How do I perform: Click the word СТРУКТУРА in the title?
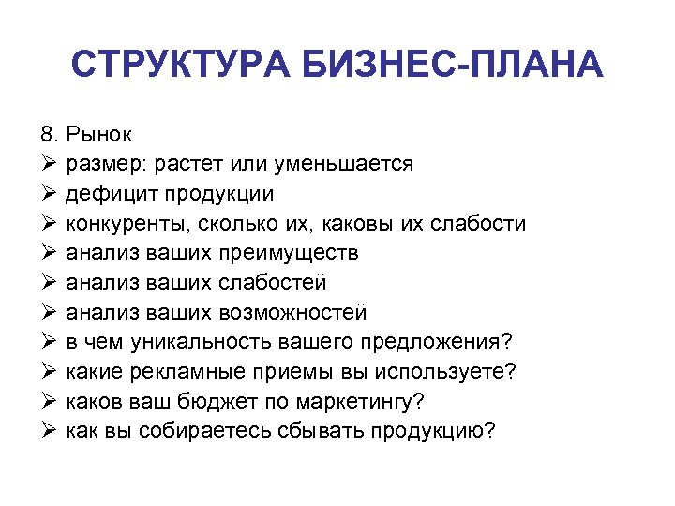pyautogui.click(x=179, y=67)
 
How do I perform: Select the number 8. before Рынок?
pyautogui.click(x=50, y=135)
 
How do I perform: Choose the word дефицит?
pyautogui.click(x=107, y=194)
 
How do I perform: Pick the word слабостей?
pyautogui.click(x=275, y=283)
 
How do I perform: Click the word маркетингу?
pyautogui.click(x=357, y=401)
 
